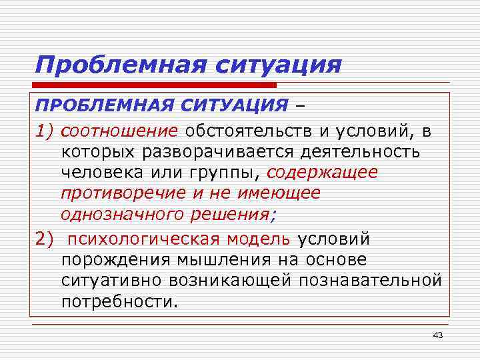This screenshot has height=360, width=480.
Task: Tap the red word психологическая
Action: click(x=144, y=239)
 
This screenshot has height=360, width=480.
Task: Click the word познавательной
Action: click(x=370, y=279)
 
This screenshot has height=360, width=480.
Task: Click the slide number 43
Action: click(x=437, y=335)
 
